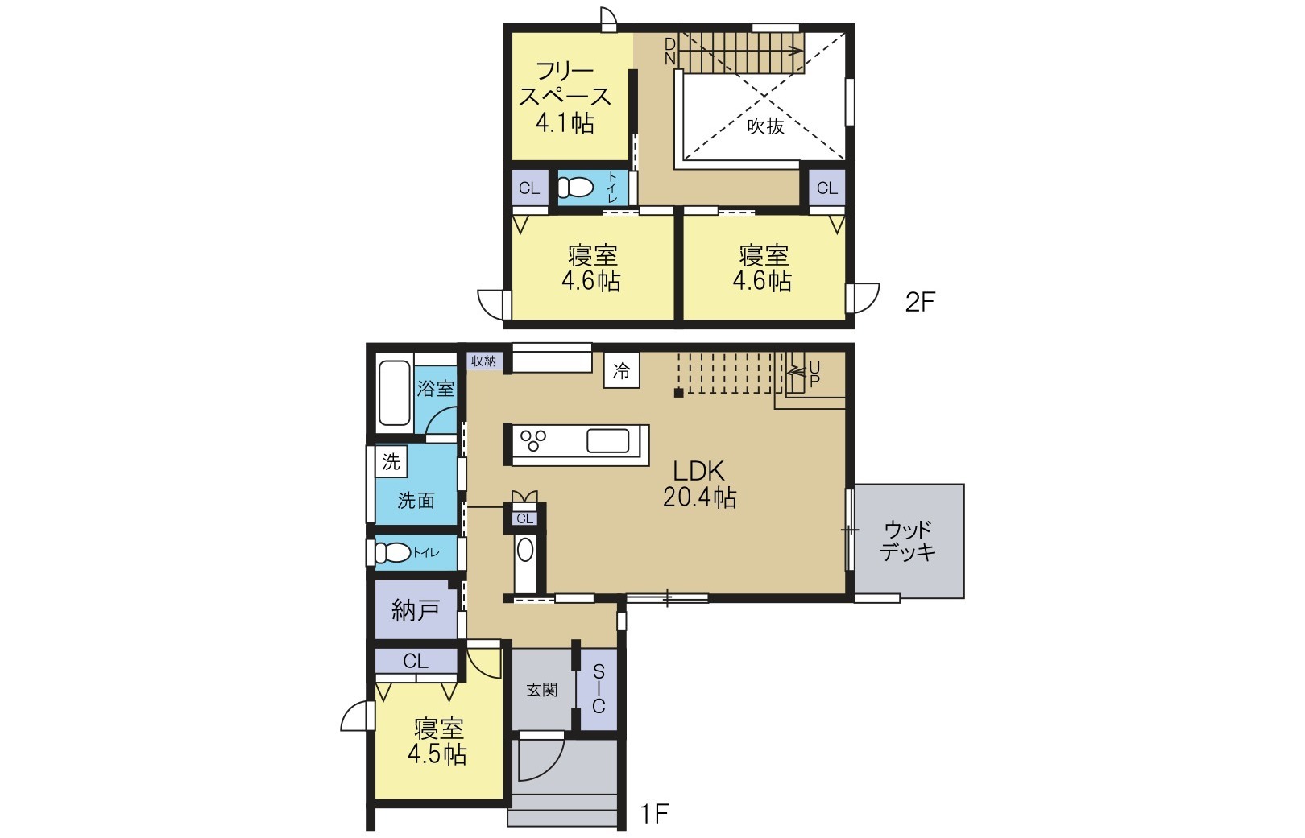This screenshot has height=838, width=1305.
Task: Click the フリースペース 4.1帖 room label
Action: coord(565,97)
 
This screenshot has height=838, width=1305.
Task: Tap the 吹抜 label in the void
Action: coord(765,126)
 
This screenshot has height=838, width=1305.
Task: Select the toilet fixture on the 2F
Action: coord(575,188)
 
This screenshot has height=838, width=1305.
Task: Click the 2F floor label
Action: coord(919,302)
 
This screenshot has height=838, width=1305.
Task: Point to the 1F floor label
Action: coord(655,814)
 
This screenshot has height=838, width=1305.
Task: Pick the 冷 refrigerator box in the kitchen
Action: coord(622,371)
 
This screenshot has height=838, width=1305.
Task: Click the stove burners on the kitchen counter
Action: coord(533,441)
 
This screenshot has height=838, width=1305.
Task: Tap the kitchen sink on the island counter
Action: coord(607,441)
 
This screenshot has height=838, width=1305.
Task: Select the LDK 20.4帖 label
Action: coord(699,484)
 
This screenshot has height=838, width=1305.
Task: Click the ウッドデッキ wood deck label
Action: coord(908,540)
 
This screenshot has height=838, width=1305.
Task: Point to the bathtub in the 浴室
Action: coord(394,392)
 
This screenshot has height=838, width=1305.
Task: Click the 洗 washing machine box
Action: coord(391,461)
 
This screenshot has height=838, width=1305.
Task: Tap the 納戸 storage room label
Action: coord(415,610)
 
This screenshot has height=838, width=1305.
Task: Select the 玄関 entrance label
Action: coord(541,689)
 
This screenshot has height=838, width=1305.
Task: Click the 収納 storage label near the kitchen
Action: coord(484,361)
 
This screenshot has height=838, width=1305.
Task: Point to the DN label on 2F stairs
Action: coord(669,51)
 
